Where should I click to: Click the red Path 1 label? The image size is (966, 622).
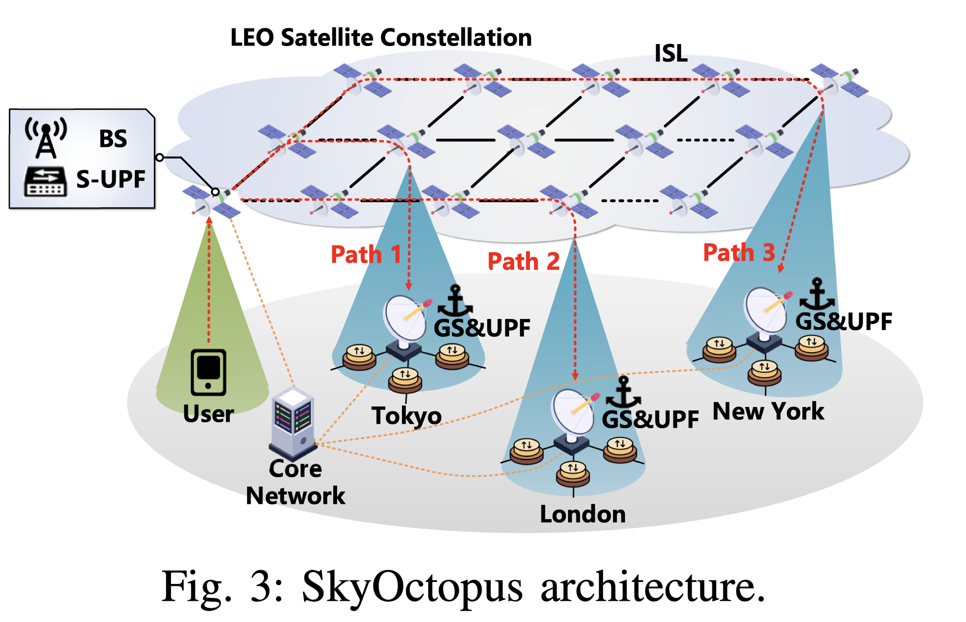(365, 255)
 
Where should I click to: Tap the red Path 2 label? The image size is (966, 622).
(523, 261)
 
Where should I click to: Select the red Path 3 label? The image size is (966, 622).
(739, 253)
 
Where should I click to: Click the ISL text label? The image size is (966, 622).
(671, 53)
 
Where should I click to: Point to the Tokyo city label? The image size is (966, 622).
(406, 415)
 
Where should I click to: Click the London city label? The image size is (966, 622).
(582, 514)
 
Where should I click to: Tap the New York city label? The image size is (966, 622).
(768, 411)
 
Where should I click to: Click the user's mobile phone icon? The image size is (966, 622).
(209, 372)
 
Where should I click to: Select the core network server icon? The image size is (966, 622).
(293, 422)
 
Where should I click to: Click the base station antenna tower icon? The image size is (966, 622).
(46, 137)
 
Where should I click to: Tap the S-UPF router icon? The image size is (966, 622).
(45, 181)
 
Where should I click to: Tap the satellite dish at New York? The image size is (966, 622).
(765, 311)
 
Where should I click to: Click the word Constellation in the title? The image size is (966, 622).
(456, 38)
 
